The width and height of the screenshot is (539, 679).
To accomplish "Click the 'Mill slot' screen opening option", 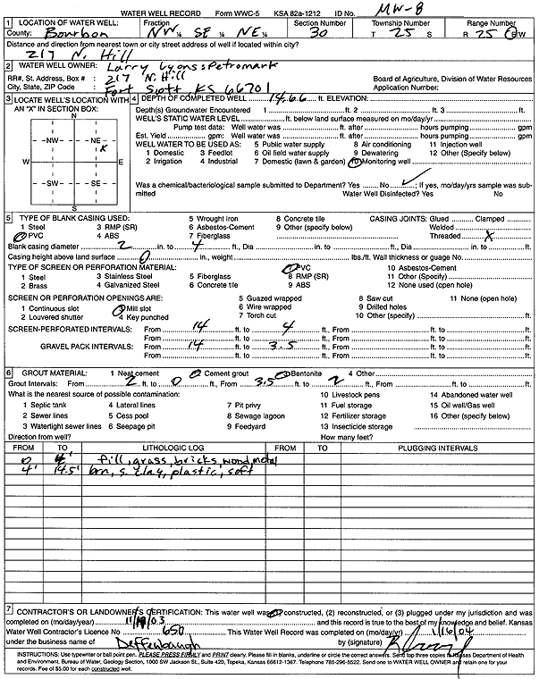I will pos(140,308).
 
